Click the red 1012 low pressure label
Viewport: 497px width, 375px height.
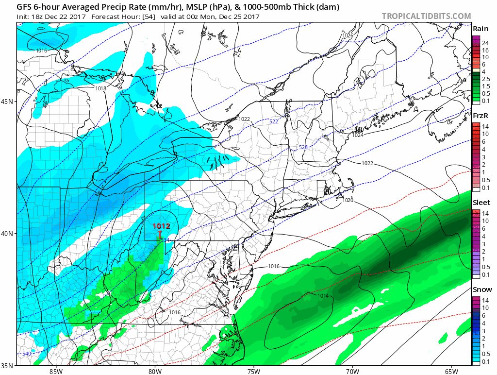coord(161,226)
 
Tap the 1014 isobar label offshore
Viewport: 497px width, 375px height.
coord(310,296)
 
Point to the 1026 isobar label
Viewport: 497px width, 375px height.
coord(348,35)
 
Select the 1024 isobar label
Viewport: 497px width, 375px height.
coord(358,135)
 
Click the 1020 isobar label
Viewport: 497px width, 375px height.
coord(348,200)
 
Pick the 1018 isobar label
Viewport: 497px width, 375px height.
coord(100,88)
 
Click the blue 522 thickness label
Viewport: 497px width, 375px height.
coord(274,121)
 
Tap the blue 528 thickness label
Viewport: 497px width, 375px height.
coord(303,147)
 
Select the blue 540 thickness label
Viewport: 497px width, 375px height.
coord(27,353)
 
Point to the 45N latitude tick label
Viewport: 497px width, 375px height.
coord(9,102)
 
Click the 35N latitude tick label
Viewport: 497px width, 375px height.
coord(9,365)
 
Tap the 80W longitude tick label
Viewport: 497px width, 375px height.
coord(155,371)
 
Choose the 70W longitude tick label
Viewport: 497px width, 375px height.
coord(352,371)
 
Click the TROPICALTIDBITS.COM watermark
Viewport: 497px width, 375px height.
coord(426,17)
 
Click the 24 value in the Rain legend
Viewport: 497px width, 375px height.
coord(485,43)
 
